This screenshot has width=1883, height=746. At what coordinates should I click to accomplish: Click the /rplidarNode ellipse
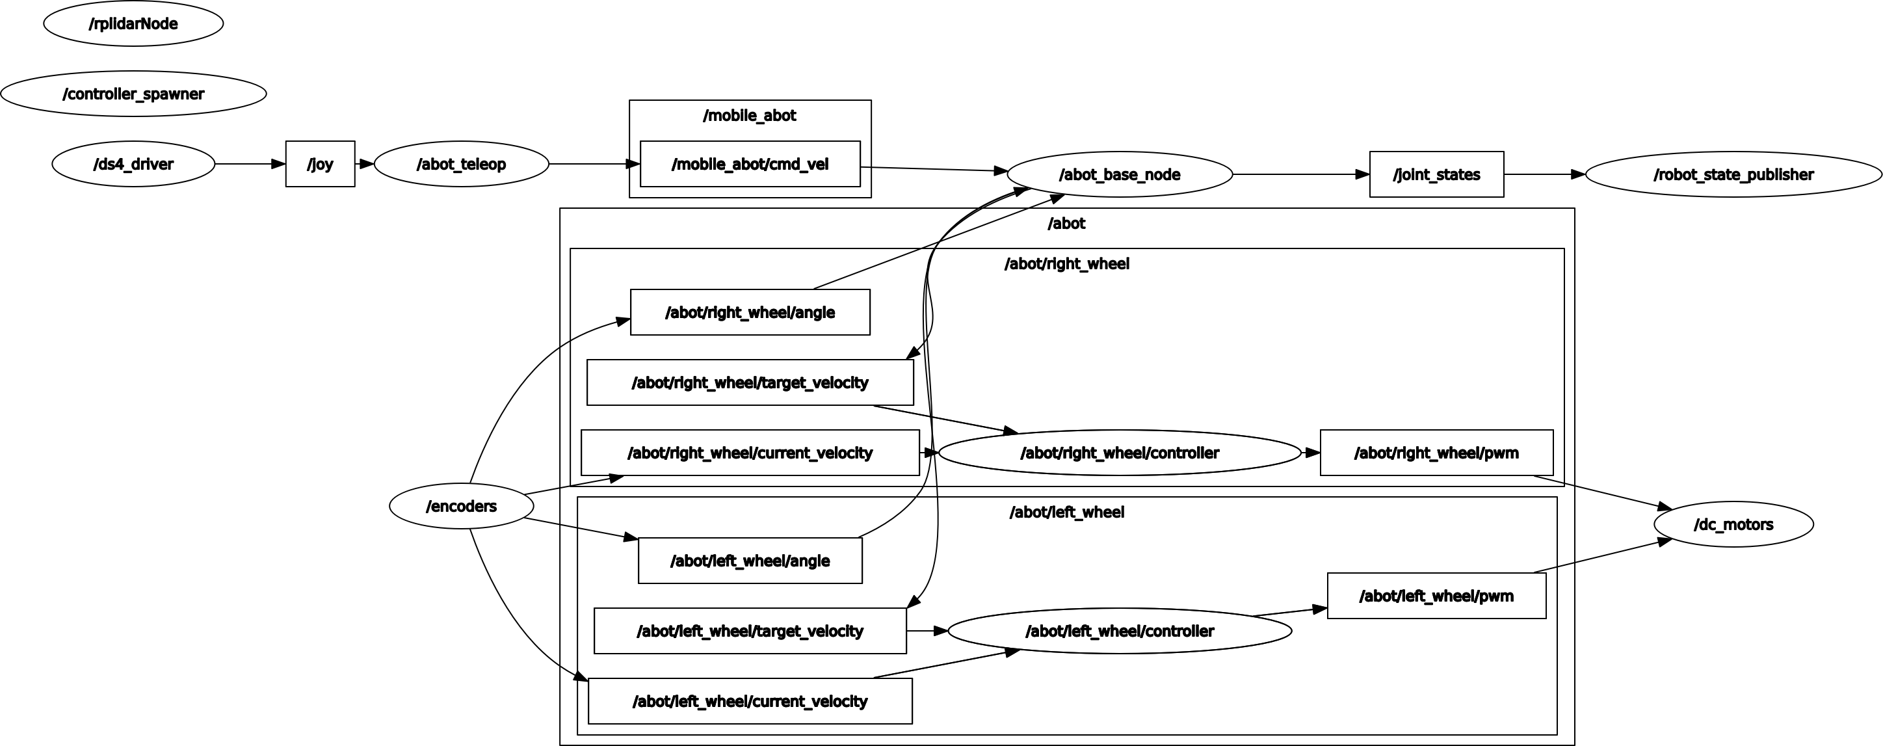pyautogui.click(x=133, y=23)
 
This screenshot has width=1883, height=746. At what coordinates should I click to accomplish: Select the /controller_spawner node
pyautogui.click(x=133, y=94)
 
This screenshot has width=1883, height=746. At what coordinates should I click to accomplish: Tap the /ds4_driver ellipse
pyautogui.click(x=133, y=164)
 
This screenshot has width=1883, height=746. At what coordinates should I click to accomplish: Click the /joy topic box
pyautogui.click(x=320, y=164)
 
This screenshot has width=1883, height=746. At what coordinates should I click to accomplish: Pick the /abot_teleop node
pyautogui.click(x=461, y=164)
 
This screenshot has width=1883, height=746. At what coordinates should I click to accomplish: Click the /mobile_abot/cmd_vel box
pyautogui.click(x=750, y=164)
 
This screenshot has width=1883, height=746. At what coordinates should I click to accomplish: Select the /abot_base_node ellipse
pyautogui.click(x=1119, y=174)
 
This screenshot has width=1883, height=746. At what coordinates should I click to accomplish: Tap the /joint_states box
pyautogui.click(x=1436, y=174)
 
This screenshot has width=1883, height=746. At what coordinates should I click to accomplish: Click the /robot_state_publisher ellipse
pyautogui.click(x=1733, y=174)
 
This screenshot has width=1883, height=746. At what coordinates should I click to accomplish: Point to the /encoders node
pyautogui.click(x=461, y=506)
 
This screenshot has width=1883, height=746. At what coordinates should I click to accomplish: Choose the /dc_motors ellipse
pyautogui.click(x=1733, y=524)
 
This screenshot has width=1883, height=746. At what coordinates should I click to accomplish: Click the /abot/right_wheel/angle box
pyautogui.click(x=750, y=312)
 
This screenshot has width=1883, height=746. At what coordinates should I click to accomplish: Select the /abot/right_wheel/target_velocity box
pyautogui.click(x=750, y=382)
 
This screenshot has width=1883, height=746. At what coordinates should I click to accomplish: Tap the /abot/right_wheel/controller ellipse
pyautogui.click(x=1119, y=453)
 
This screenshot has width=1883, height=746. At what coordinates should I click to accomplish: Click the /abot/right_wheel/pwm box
pyautogui.click(x=1436, y=453)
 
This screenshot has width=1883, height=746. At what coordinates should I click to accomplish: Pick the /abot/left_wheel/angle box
pyautogui.click(x=750, y=561)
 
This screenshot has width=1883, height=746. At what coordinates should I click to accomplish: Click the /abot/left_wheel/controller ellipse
pyautogui.click(x=1119, y=631)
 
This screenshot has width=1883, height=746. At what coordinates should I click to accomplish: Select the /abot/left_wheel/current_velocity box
pyautogui.click(x=750, y=701)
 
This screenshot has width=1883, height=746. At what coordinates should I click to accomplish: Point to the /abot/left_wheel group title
pyautogui.click(x=1066, y=512)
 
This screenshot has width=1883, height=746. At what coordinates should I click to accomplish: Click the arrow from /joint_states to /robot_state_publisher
pyautogui.click(x=1544, y=174)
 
